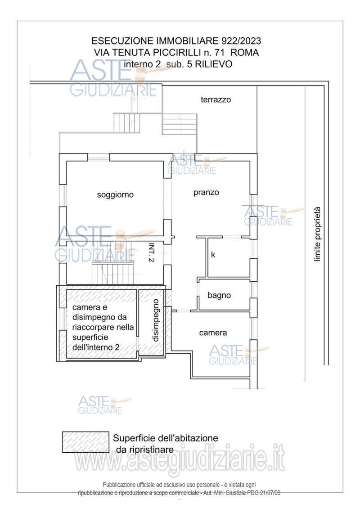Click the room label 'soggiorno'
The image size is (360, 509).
[x=115, y=195]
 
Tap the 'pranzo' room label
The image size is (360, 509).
[x=206, y=193]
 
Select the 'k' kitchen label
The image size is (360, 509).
[x=213, y=255]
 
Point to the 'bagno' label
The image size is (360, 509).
[x=219, y=295]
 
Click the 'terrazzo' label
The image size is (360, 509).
[x=216, y=99]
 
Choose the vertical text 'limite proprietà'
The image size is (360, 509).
[x=317, y=234]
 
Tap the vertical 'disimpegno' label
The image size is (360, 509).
[x=156, y=320]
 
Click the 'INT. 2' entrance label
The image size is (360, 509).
[x=151, y=252]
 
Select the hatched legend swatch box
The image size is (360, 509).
[x=85, y=442]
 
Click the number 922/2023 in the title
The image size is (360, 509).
[x=241, y=41]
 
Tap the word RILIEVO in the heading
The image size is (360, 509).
[x=214, y=64]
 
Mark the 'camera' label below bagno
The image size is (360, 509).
[x=213, y=333]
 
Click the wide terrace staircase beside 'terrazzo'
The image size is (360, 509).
[x=180, y=124]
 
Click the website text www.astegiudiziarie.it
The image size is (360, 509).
[x=180, y=458]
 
